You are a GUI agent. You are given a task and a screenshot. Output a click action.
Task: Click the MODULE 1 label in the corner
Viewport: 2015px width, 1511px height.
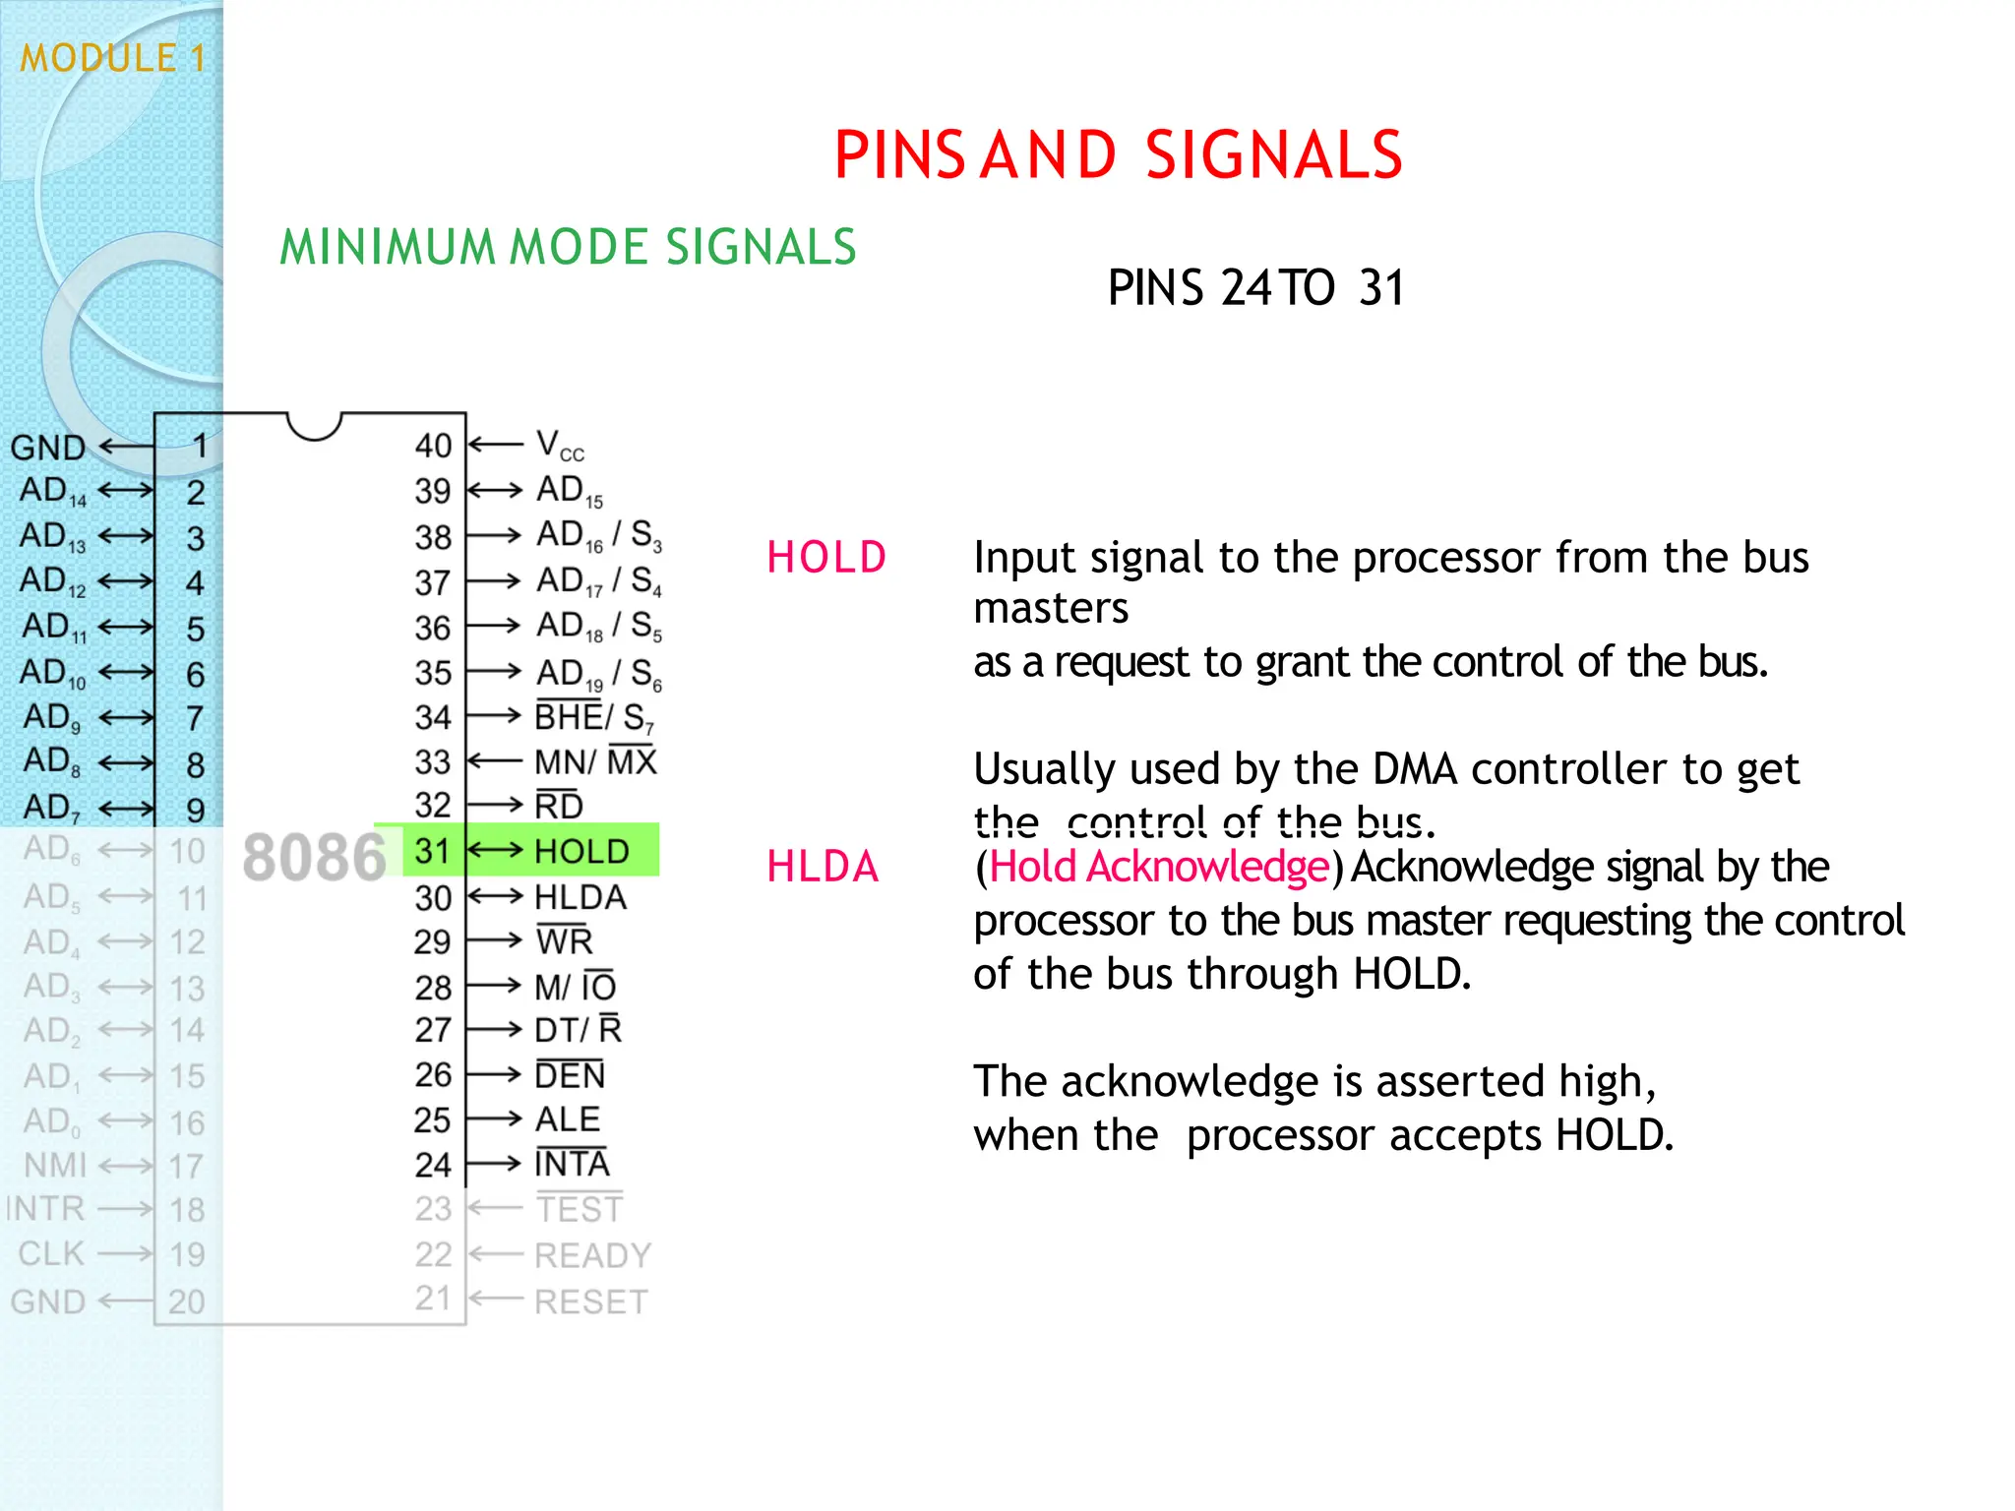[x=112, y=58]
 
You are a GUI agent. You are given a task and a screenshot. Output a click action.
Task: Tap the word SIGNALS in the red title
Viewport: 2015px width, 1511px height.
[x=1273, y=155]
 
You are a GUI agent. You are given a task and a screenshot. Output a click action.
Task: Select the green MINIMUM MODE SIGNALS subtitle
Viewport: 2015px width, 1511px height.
[x=568, y=247]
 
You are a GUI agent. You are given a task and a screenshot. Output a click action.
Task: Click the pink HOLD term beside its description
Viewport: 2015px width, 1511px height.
[x=826, y=558]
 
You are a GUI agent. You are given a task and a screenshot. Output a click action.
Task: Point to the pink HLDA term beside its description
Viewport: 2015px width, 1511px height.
[x=823, y=867]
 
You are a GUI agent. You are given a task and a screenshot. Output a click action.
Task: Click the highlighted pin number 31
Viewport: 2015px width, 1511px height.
[x=432, y=851]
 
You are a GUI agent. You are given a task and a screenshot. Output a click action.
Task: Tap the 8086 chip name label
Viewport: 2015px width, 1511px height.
[x=314, y=857]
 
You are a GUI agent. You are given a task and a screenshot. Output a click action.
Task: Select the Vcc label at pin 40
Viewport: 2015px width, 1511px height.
[x=560, y=446]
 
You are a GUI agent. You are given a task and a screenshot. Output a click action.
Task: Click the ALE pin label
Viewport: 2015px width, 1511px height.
[x=568, y=1119]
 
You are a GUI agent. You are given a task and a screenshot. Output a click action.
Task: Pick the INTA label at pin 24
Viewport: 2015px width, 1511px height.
[x=572, y=1165]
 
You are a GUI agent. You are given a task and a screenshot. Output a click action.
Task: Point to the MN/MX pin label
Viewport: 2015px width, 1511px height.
[x=595, y=762]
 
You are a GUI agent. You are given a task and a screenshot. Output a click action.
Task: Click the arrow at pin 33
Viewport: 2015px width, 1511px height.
[x=495, y=761]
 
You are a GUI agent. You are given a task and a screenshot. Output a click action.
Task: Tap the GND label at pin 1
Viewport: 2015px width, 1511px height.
[x=47, y=448]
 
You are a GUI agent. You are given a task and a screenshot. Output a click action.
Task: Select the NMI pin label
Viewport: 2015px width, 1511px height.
[x=55, y=1166]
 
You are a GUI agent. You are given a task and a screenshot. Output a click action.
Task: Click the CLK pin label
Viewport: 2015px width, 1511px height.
[x=51, y=1254]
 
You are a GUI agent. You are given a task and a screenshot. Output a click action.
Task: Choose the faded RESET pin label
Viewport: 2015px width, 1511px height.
[x=590, y=1301]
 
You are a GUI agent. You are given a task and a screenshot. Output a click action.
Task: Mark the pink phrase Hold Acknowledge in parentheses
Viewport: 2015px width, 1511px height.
[x=1159, y=867]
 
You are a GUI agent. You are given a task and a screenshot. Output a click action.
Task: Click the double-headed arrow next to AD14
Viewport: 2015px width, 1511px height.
[x=126, y=490]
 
